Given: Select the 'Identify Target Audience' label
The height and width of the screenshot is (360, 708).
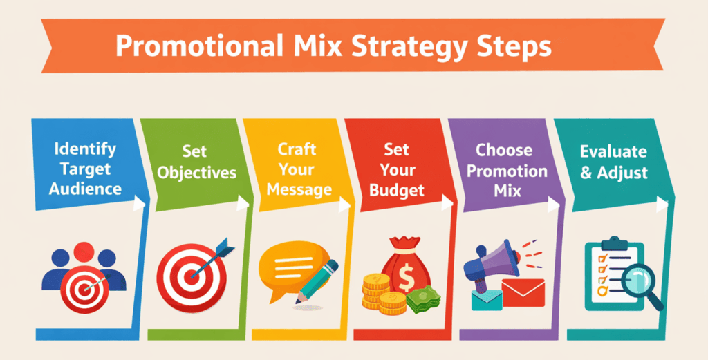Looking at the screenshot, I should [85, 169].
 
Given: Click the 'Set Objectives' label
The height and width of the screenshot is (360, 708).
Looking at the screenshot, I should [196, 162].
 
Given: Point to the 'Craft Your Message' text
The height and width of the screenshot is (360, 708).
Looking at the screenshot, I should [298, 169].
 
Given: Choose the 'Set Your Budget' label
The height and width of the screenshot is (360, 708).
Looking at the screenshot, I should [396, 169].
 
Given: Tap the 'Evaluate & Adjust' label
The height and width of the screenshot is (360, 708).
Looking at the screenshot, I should [613, 162].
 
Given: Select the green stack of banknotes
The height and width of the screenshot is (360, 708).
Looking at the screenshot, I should [422, 299].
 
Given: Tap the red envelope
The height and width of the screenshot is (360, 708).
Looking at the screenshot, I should [525, 292].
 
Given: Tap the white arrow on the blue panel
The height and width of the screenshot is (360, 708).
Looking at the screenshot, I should [140, 202].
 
